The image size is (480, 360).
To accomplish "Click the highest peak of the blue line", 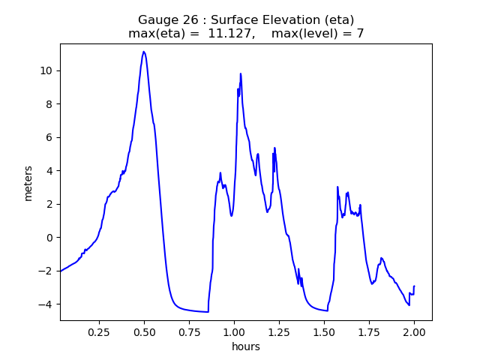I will [144, 52].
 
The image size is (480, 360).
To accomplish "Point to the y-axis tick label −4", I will [47, 304].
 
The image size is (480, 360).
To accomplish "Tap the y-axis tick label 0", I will [50, 238].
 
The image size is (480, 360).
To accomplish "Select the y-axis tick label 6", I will [50, 137].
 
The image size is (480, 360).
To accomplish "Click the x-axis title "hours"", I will [246, 346].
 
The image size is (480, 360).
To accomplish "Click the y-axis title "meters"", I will [28, 183].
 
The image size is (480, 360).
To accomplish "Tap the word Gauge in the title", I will [156, 19].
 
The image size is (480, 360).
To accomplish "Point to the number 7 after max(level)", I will [360, 34].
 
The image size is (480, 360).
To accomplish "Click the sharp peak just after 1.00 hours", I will [241, 73].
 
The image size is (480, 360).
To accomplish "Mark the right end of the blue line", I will [414, 286].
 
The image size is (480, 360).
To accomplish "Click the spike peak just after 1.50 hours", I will [337, 187].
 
